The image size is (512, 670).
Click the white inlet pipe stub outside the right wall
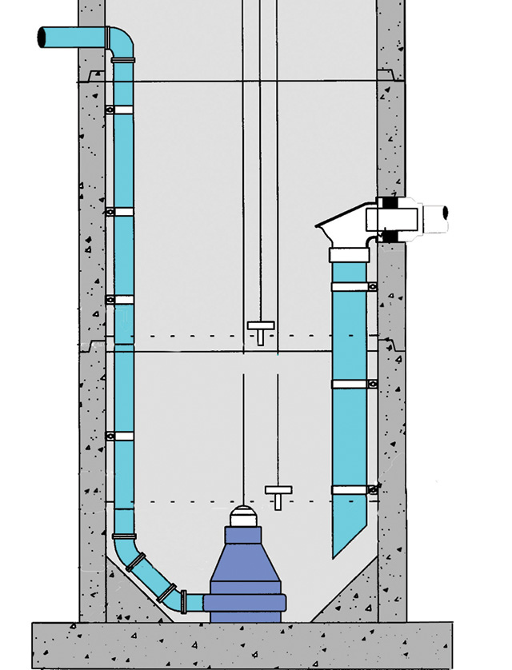pyautogui.click(x=436, y=216)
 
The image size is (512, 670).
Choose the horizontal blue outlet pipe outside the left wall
pyautogui.click(x=72, y=37)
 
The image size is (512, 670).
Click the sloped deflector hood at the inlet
pyautogui.click(x=340, y=224)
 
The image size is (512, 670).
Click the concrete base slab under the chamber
pyautogui.click(x=240, y=644)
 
